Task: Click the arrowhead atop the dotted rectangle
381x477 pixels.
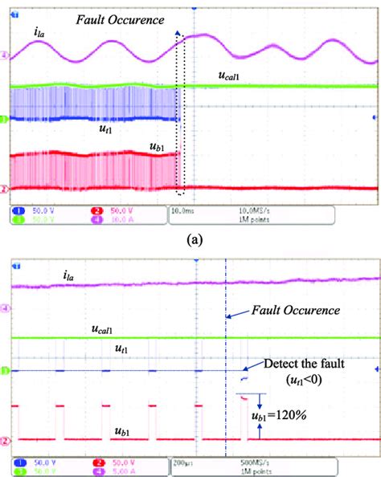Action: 178,31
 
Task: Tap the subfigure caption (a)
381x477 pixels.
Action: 191,238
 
